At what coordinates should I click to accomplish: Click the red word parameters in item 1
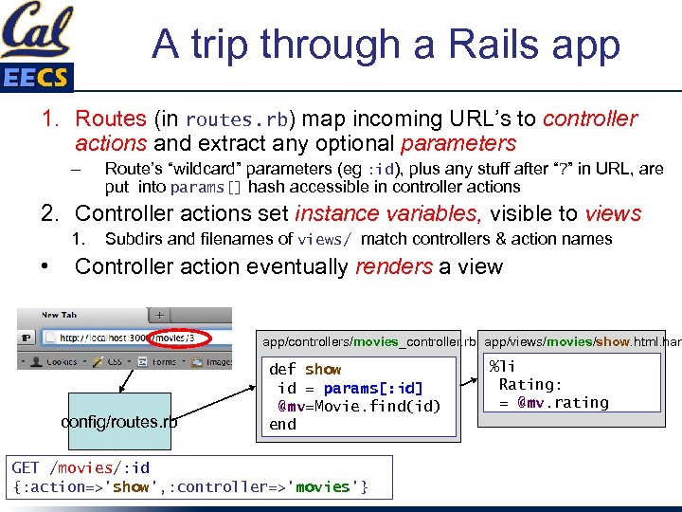click(x=458, y=144)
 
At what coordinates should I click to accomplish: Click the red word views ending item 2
click(x=612, y=213)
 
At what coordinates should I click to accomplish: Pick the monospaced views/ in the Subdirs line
click(x=325, y=240)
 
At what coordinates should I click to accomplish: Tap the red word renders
click(x=393, y=266)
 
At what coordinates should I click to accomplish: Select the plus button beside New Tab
click(x=160, y=315)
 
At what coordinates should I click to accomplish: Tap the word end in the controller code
click(x=282, y=425)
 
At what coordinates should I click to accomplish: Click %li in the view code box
click(x=502, y=366)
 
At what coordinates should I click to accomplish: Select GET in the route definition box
click(x=26, y=467)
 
